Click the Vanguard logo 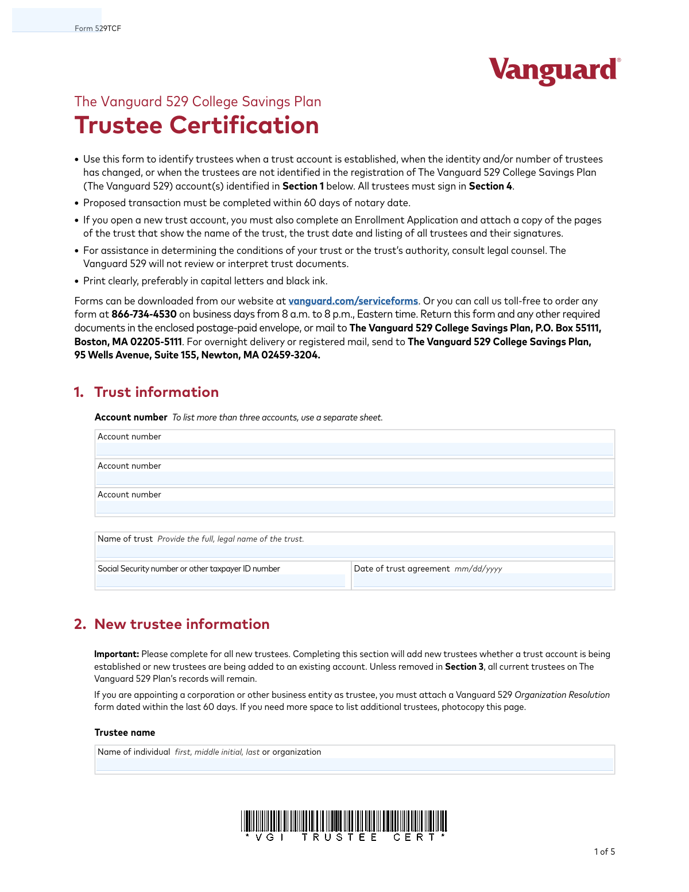pyautogui.click(x=554, y=71)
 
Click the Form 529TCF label pyautogui.click(x=98, y=28)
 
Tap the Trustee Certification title pyautogui.click(x=196, y=125)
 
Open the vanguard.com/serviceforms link pyautogui.click(x=353, y=301)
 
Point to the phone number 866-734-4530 pyautogui.click(x=144, y=314)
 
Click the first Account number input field pyautogui.click(x=354, y=449)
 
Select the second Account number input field pyautogui.click(x=354, y=478)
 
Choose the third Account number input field pyautogui.click(x=354, y=507)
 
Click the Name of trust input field pyautogui.click(x=354, y=551)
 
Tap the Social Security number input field pyautogui.click(x=221, y=581)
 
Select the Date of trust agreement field pyautogui.click(x=482, y=581)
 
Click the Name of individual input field pyautogui.click(x=354, y=764)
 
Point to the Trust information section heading pyautogui.click(x=156, y=392)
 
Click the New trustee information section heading pyautogui.click(x=181, y=624)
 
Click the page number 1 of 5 pyautogui.click(x=604, y=852)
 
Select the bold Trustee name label pyautogui.click(x=125, y=733)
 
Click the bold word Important pyautogui.click(x=117, y=654)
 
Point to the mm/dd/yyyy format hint pyautogui.click(x=478, y=569)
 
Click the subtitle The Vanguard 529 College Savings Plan pyautogui.click(x=198, y=102)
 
